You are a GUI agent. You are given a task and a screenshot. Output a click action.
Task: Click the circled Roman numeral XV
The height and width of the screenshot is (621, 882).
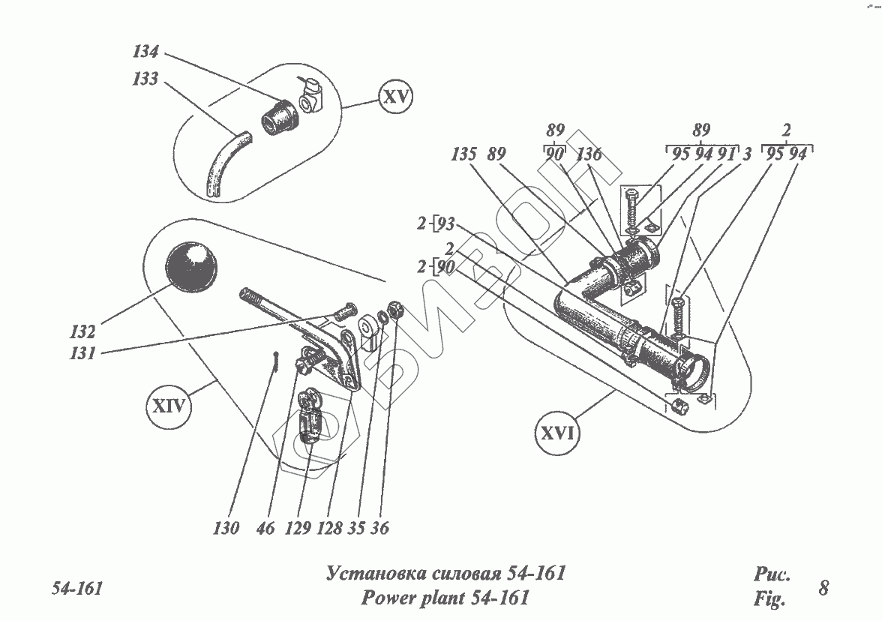[396, 98]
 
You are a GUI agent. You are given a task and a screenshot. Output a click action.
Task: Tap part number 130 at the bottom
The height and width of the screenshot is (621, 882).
[225, 529]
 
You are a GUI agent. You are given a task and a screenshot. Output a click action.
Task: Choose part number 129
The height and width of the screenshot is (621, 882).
[297, 529]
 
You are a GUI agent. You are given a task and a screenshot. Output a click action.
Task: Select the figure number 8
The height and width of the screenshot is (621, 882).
[823, 587]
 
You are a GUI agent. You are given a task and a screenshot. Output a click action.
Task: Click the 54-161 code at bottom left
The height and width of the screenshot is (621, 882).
[76, 587]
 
